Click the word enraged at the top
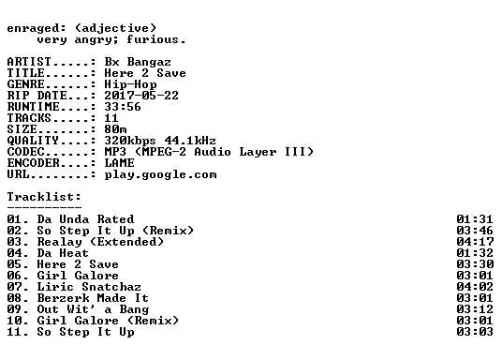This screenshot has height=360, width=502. [33, 28]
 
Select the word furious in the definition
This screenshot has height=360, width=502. [152, 39]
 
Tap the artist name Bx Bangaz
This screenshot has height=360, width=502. [138, 62]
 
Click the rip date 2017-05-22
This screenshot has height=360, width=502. [141, 96]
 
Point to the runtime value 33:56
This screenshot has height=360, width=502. [123, 107]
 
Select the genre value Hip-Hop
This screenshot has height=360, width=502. [130, 84]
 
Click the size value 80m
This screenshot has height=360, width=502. [115, 129]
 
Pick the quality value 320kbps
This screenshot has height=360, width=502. [130, 141]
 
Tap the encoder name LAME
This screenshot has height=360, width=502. [120, 163]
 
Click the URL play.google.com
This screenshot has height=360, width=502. [160, 174]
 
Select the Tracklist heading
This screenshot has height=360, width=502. [44, 197]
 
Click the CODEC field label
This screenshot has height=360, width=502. [25, 152]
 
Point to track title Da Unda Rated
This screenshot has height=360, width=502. [85, 219]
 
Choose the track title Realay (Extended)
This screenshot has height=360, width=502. [100, 242]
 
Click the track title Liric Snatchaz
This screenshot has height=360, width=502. [89, 287]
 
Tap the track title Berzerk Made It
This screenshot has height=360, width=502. [93, 298]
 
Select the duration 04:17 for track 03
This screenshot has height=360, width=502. [475, 242]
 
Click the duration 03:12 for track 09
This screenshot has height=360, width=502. [475, 309]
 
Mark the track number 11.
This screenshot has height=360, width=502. [14, 332]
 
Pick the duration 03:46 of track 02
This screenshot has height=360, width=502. [475, 231]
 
